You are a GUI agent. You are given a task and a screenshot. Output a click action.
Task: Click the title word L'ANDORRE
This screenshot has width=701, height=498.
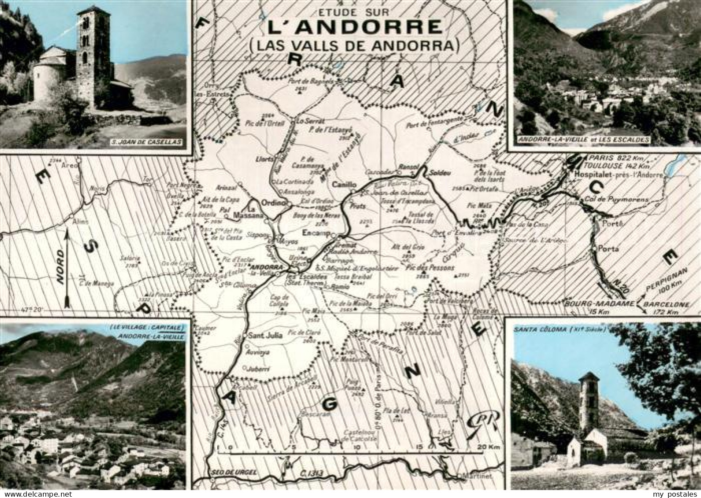tap(354, 27)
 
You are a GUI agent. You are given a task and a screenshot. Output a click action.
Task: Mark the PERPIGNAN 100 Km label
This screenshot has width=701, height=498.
tap(661, 286)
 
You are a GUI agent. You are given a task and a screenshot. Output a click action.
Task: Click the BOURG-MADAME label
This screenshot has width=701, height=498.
tap(600, 304)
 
